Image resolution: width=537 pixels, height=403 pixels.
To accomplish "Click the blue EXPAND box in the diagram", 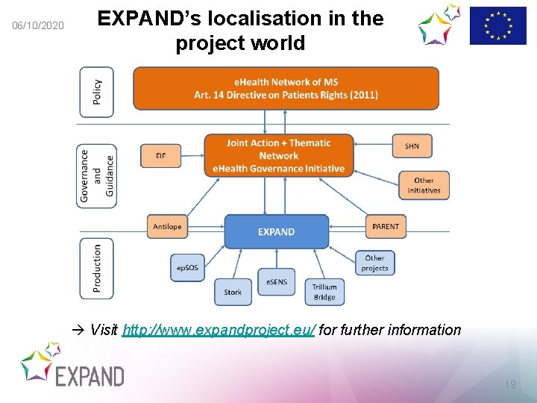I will coord(276,231).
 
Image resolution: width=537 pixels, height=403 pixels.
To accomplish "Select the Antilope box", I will coord(167,226).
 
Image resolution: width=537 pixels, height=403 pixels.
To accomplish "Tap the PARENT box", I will coord(386,226).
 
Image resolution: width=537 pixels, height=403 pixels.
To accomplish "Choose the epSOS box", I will coord(187,267).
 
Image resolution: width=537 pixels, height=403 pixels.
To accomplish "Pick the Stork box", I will coord(233,292).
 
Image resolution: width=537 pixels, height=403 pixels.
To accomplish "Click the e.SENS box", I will coord(277,281).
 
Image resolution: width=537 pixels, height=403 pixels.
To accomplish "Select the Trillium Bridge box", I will coord(324,292).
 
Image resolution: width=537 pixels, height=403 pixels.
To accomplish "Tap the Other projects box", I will coord(374,263).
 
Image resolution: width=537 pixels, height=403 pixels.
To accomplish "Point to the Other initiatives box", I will coord(424,185).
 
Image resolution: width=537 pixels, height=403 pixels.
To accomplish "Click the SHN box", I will coord(412,146).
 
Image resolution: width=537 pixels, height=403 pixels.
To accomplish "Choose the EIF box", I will coord(161,155).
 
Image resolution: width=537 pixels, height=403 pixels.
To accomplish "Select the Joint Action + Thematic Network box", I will coord(278,155).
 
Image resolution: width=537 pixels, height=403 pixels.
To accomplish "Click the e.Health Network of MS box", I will coord(286,88).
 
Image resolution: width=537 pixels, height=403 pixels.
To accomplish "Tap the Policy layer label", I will coord(97,93).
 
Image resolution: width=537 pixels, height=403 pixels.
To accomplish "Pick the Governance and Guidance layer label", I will coord(97,176).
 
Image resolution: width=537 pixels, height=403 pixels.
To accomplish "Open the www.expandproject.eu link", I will coord(219,330).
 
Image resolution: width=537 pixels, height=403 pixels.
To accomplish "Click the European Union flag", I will coord(497,26).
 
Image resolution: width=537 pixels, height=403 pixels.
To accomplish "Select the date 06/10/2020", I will coord(39,27).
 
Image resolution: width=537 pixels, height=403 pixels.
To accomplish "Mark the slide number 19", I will coord(510,384).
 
